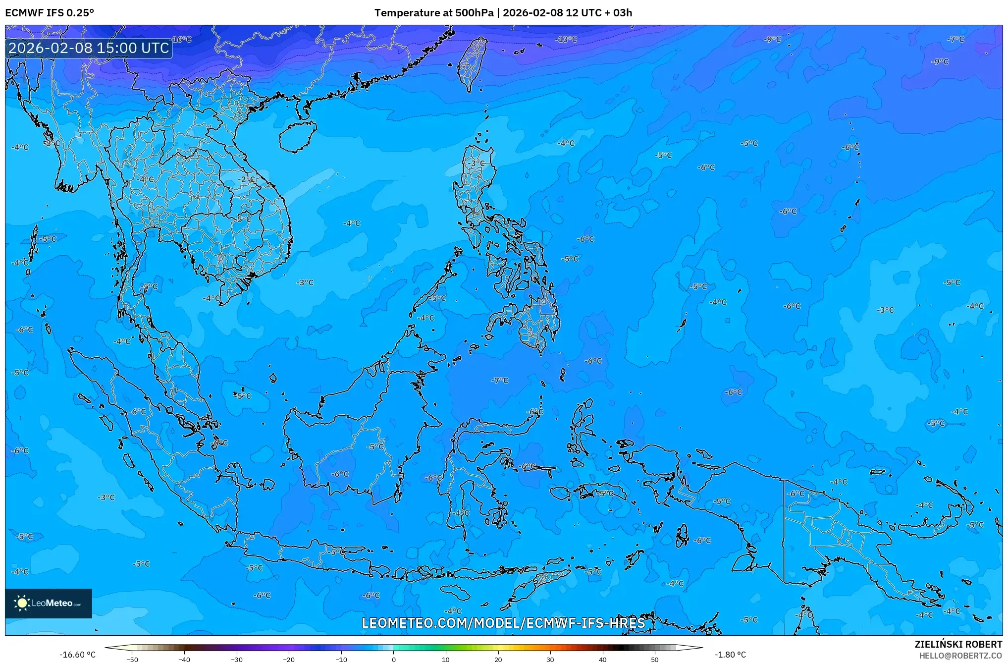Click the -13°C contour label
click(566, 39)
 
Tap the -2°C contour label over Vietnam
click(247, 179)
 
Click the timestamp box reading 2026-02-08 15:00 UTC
click(89, 48)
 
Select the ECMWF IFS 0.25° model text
click(50, 13)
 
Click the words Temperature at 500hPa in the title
click(433, 13)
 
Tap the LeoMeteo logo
click(49, 603)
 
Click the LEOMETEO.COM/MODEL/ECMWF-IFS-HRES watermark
click(503, 623)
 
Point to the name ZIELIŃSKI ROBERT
click(958, 644)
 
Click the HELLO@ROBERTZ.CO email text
click(960, 656)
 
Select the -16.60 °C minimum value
click(78, 655)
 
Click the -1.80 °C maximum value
click(730, 655)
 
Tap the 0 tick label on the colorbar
click(394, 660)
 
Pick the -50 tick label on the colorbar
click(132, 660)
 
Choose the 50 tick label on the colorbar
click(655, 660)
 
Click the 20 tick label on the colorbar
click(498, 660)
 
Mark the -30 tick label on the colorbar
click(237, 660)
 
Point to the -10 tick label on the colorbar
click(341, 660)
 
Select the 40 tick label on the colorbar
click(602, 660)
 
